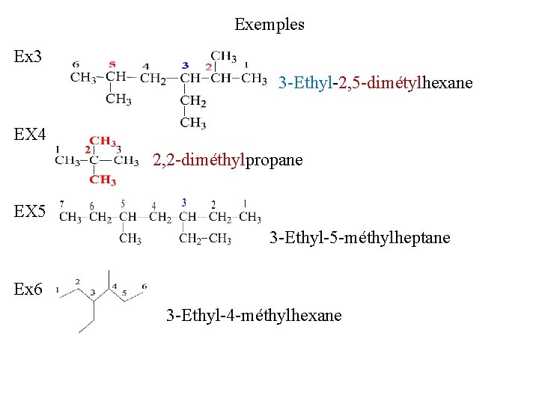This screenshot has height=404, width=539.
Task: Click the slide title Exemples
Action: click(x=269, y=25)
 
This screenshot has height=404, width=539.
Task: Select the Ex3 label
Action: click(x=28, y=57)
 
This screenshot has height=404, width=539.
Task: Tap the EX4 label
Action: click(x=30, y=135)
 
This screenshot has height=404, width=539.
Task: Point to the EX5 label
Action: click(x=30, y=212)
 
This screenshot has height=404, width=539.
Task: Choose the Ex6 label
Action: click(x=28, y=289)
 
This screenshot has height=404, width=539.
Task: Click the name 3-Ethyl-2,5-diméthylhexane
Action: click(x=375, y=83)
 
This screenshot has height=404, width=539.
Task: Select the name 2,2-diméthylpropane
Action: click(x=228, y=160)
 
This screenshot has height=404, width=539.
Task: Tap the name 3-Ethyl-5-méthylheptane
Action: click(x=359, y=238)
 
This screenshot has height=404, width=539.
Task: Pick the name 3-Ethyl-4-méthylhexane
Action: click(x=254, y=316)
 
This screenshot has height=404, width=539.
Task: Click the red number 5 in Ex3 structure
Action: click(x=112, y=65)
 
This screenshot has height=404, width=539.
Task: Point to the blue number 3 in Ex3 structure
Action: click(x=185, y=66)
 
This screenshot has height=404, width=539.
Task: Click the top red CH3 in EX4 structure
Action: click(x=103, y=141)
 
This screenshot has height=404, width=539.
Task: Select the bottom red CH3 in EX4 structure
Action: click(x=103, y=180)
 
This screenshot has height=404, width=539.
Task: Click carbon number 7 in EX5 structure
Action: click(x=61, y=203)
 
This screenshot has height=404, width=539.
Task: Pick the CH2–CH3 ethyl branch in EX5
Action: click(x=204, y=239)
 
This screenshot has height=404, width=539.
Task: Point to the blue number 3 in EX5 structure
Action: click(x=184, y=202)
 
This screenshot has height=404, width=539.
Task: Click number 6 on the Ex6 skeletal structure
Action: click(x=144, y=287)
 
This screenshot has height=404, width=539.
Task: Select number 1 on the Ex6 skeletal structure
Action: click(x=58, y=292)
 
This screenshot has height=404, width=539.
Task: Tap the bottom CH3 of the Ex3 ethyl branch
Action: click(x=193, y=122)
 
